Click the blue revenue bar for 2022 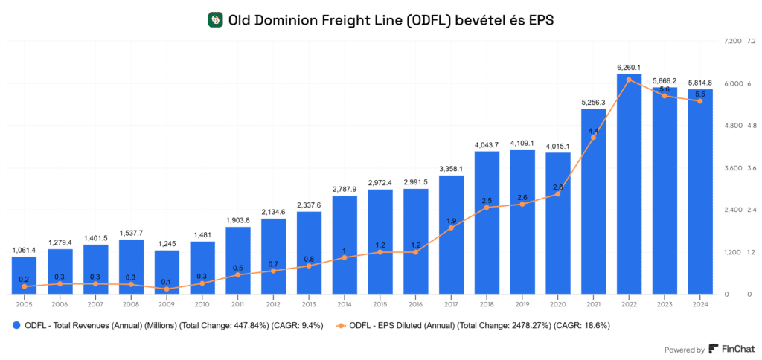coord(629,186)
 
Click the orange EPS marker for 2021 coord(593,138)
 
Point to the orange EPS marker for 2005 coord(25,286)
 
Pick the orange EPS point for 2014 coord(345,257)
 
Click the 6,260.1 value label coord(629,67)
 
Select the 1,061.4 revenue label coord(25,250)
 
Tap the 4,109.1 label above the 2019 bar coord(522,142)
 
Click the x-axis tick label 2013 coord(309,303)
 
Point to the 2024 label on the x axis coord(699,303)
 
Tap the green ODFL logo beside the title coord(215,20)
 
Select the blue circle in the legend coord(16,325)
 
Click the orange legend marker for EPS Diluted coord(340,325)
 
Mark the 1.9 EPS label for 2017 coord(452,221)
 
